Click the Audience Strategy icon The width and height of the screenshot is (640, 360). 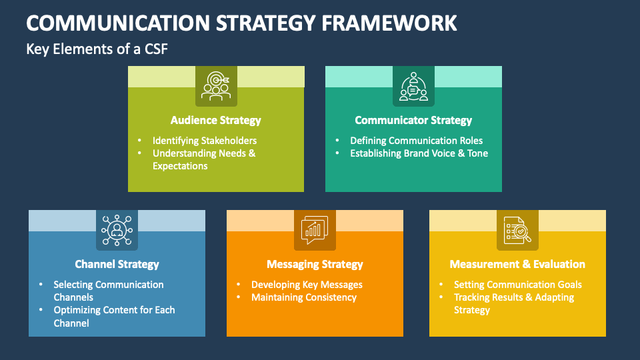coord(216,86)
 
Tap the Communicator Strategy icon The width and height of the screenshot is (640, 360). coord(413,86)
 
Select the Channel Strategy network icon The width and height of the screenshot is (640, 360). coord(117,230)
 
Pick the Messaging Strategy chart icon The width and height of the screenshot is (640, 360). coord(315,230)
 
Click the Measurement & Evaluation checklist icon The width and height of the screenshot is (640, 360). coord(517,230)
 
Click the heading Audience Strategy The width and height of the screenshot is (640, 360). coord(216,121)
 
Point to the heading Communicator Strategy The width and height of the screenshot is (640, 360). coord(413,121)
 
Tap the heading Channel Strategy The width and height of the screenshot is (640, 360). coord(117,265)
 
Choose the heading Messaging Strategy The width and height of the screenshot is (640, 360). coord(315,265)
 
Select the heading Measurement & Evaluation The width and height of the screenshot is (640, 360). coord(517,265)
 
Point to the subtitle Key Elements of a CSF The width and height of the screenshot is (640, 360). coord(92,49)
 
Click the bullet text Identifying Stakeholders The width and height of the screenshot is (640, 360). coord(205,141)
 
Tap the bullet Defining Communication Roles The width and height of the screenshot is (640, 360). coord(417,141)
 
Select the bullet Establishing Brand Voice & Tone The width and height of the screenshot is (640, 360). coord(419,153)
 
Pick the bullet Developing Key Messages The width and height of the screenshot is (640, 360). coord(307,285)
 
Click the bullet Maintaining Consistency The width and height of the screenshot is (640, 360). coord(304,297)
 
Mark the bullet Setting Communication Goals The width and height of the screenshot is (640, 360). coord(518,285)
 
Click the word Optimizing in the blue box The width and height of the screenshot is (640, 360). coord(77,310)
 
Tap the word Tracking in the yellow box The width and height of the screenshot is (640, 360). coord(473,297)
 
